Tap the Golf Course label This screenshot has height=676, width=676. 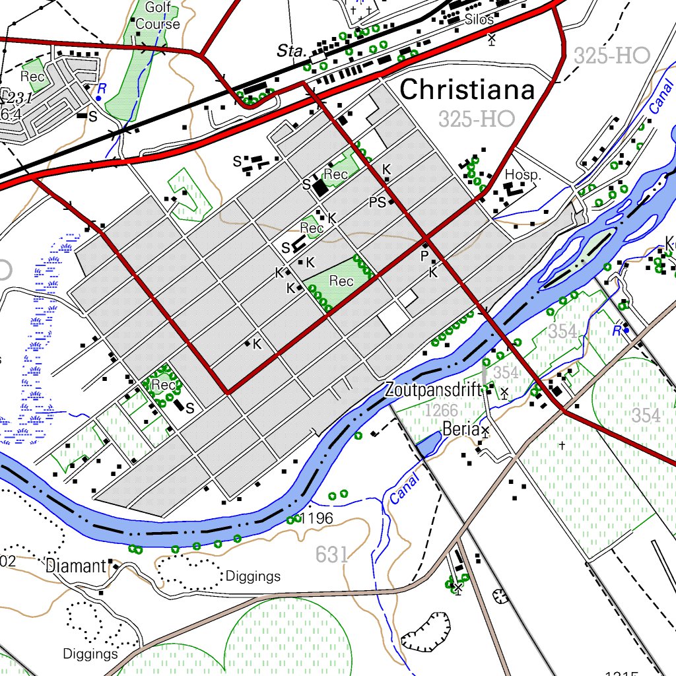click(158, 17)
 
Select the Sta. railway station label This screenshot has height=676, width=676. click(289, 51)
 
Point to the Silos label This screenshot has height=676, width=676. click(479, 20)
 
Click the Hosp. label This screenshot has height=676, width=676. click(523, 175)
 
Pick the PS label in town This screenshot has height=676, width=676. click(377, 203)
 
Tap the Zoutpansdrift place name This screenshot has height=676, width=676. click(434, 390)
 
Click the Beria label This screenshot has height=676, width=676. click(460, 429)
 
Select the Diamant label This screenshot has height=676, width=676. click(76, 566)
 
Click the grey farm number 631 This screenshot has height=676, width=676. click(331, 555)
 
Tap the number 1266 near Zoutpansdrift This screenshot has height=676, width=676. click(441, 411)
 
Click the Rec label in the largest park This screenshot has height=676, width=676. click(341, 281)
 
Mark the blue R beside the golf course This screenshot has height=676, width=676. click(102, 88)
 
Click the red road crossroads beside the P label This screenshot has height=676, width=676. click(428, 236)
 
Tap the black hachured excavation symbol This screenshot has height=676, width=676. click(424, 633)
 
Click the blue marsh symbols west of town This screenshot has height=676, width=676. click(40, 330)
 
